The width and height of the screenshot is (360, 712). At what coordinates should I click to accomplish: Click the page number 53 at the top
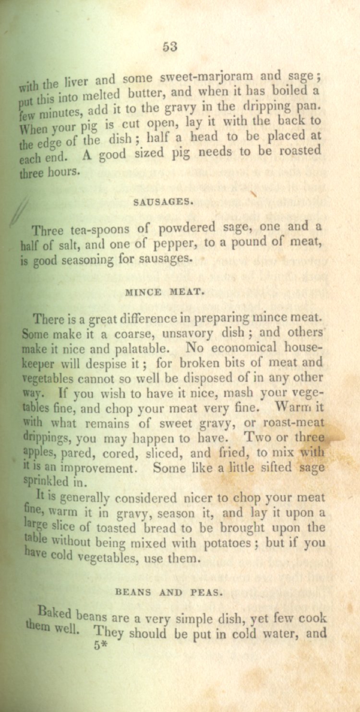click(170, 47)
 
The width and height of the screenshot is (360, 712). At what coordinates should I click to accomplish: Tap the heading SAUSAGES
click(163, 202)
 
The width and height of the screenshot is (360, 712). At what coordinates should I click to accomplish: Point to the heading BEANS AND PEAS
click(169, 592)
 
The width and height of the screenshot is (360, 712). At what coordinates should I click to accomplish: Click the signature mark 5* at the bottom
click(100, 646)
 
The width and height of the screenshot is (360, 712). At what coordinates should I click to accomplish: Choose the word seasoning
click(89, 260)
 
